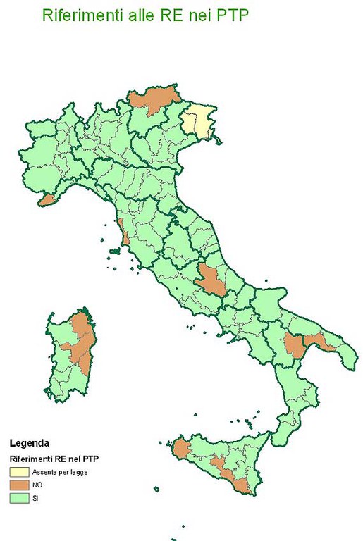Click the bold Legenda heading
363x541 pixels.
(x=30, y=443)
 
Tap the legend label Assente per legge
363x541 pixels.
(x=60, y=471)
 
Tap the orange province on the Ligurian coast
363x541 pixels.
(x=48, y=201)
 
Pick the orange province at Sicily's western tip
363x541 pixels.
(x=183, y=449)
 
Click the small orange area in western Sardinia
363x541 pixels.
(x=68, y=347)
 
